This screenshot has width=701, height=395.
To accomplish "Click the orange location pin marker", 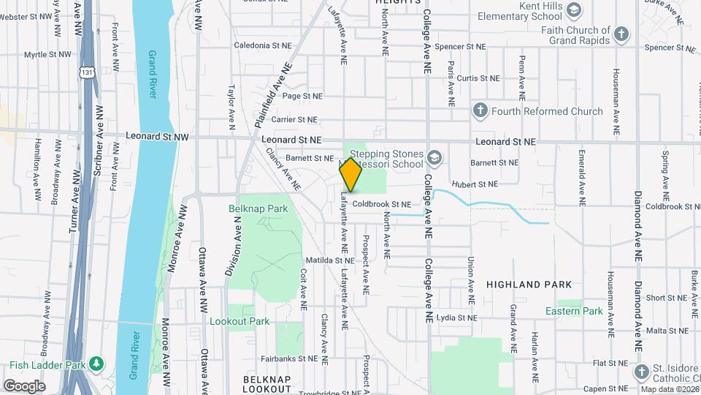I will click(x=351, y=174).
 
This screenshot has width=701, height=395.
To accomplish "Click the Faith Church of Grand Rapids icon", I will click(x=621, y=34).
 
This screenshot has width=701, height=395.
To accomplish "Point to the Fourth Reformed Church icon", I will click(x=480, y=111).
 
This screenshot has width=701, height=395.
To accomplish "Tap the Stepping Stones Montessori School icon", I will click(x=435, y=158).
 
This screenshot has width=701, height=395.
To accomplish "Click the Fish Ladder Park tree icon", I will click(x=96, y=364).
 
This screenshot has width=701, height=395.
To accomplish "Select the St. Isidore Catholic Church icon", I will click(x=641, y=371).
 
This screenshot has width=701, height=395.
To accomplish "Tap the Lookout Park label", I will click(x=240, y=321).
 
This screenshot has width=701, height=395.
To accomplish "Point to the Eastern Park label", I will click(x=574, y=311).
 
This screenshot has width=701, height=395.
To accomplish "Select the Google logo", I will click(x=24, y=385).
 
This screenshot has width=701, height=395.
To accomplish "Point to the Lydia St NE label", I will click(x=456, y=318).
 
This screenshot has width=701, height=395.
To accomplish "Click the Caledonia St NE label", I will click(x=262, y=45).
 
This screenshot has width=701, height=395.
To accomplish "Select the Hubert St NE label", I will click(x=475, y=184).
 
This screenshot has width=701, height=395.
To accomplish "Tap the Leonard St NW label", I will click(x=157, y=136).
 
